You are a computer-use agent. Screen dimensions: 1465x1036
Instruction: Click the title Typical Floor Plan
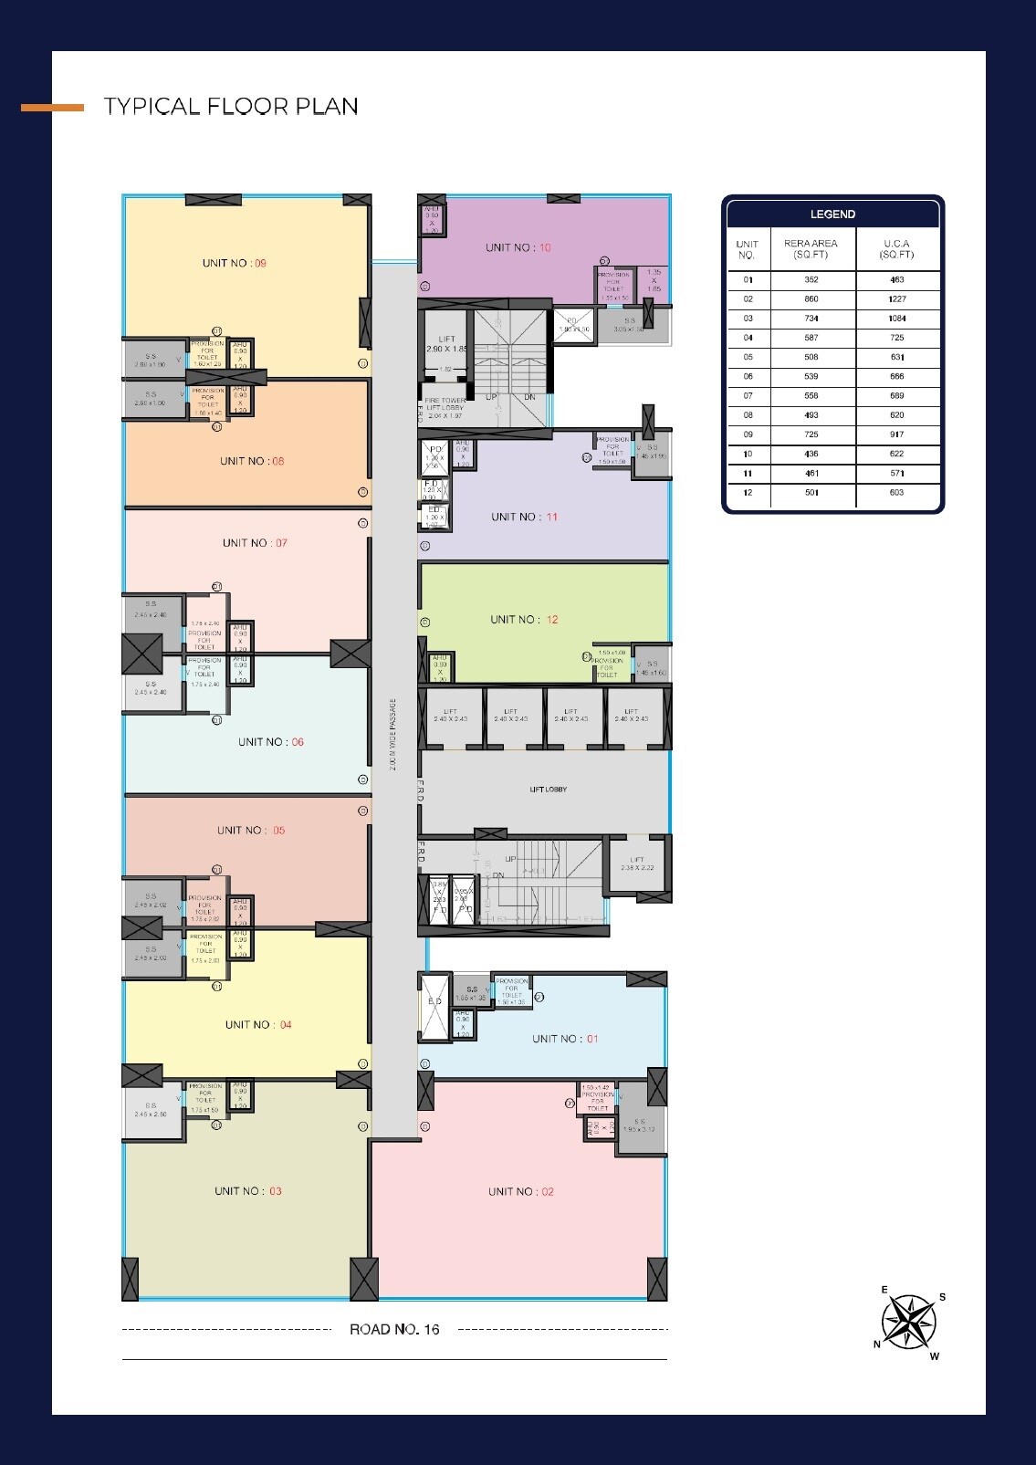pyautogui.click(x=231, y=107)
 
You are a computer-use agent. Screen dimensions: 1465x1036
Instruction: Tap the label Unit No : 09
pyautogui.click(x=235, y=263)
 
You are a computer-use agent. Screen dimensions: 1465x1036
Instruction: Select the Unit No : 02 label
pyautogui.click(x=520, y=1191)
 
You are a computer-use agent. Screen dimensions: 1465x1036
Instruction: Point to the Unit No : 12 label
pyautogui.click(x=524, y=619)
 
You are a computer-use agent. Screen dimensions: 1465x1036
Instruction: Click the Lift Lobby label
pyautogui.click(x=549, y=789)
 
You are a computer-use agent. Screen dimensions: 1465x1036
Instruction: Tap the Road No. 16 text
pyautogui.click(x=394, y=1329)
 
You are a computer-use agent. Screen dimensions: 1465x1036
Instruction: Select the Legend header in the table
pyautogui.click(x=832, y=215)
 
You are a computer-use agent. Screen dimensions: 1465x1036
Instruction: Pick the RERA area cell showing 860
pyautogui.click(x=811, y=299)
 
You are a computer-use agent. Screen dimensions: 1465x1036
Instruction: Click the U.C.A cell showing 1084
pyautogui.click(x=896, y=319)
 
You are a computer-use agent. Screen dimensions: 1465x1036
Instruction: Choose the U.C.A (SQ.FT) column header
pyautogui.click(x=896, y=249)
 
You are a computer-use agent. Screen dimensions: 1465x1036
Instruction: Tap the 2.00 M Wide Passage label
pyautogui.click(x=393, y=735)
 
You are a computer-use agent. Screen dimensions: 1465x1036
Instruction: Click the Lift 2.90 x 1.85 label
pyautogui.click(x=446, y=344)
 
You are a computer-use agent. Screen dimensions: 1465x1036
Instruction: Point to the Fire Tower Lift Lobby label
pyautogui.click(x=445, y=408)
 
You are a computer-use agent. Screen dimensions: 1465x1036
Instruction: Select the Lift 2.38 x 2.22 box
pyautogui.click(x=637, y=863)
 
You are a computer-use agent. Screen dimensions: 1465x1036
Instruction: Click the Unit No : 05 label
pyautogui.click(x=251, y=830)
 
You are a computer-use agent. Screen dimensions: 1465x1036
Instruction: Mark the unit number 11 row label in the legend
pyautogui.click(x=748, y=473)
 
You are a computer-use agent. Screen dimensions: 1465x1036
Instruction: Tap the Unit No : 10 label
pyautogui.click(x=518, y=247)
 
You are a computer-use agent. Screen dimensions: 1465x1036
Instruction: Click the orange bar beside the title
pyautogui.click(x=52, y=108)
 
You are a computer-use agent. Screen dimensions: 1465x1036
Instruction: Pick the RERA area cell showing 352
pyautogui.click(x=811, y=280)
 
